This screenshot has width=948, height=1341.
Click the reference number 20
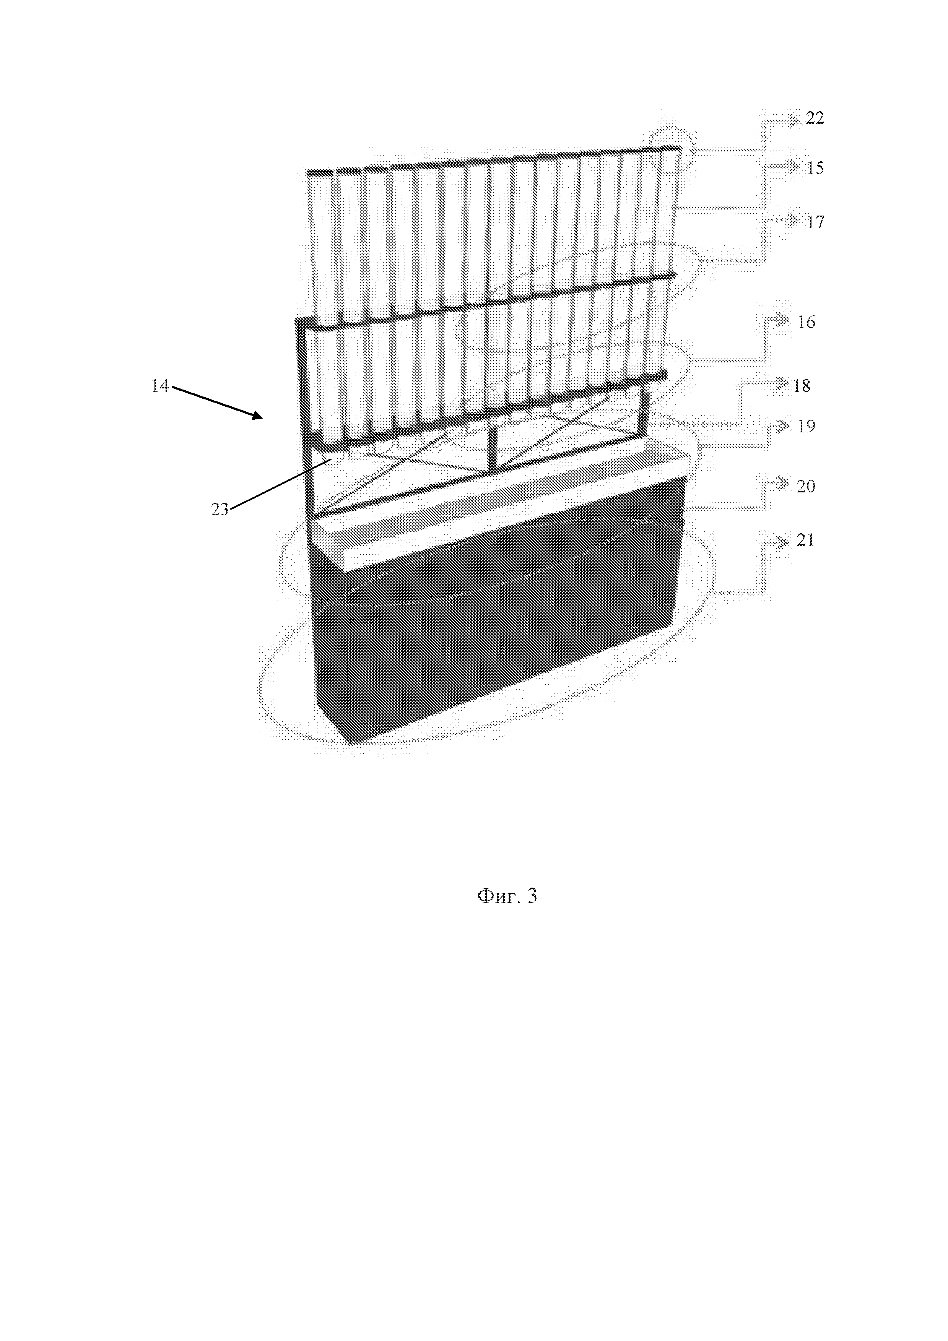805,487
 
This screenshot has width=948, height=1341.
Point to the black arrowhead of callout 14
257,415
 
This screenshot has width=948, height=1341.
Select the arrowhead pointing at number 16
783,319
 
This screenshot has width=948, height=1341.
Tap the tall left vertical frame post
304,409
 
